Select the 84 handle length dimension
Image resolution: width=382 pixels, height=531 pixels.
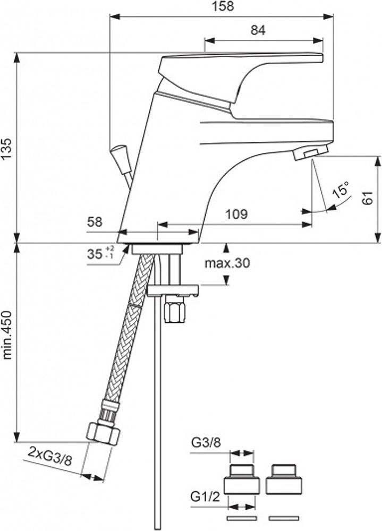[x=258, y=31]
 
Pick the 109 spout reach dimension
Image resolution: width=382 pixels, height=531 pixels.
[x=236, y=215]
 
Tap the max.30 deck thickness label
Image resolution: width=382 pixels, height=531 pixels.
[x=227, y=263]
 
